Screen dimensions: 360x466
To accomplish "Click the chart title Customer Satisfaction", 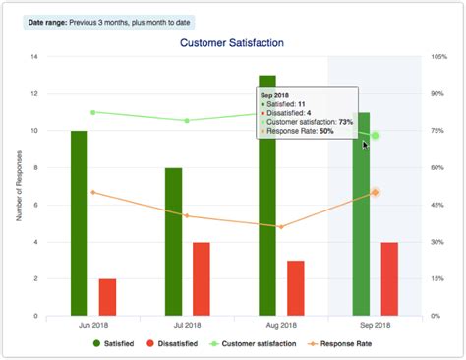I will (x=232, y=44).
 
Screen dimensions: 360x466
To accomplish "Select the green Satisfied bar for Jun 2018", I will (x=80, y=222).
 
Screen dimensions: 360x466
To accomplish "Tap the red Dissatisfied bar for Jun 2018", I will (x=107, y=296).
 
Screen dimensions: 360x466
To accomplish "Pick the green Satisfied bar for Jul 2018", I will (x=173, y=241).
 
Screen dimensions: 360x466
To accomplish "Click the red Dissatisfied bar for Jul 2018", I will (x=202, y=278).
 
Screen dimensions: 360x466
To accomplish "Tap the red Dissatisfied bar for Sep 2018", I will (x=389, y=278).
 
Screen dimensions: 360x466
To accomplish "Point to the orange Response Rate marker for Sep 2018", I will (x=375, y=193).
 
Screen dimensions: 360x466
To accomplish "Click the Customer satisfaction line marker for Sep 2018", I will (x=375, y=136).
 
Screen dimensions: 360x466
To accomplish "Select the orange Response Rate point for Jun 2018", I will (x=93, y=192).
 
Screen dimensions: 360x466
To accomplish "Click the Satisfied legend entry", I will (x=117, y=343).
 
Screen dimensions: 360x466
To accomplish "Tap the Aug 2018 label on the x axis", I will (x=281, y=325).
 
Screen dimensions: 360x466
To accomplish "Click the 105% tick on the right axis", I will (x=438, y=57).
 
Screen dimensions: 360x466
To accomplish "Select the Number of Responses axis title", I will (x=19, y=186).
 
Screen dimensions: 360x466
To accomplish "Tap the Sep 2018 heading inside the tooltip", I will (x=274, y=94).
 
